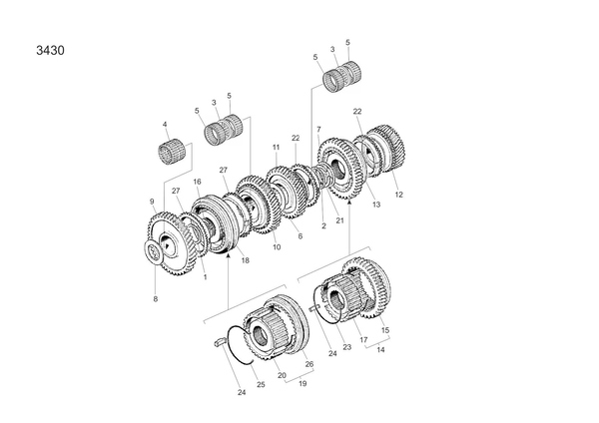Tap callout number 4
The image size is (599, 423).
[165, 125]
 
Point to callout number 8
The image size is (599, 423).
[155, 299]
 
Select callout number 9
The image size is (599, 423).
[152, 202]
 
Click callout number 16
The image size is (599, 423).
[198, 182]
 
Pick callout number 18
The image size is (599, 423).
[245, 261]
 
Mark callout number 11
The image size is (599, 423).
[276, 148]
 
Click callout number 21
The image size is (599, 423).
[339, 220]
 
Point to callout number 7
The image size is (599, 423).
[318, 130]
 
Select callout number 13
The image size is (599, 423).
[376, 206]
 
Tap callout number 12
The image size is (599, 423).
[399, 195]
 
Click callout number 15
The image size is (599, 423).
[385, 330]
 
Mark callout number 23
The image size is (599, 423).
[345, 347]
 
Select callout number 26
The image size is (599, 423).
[309, 364]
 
